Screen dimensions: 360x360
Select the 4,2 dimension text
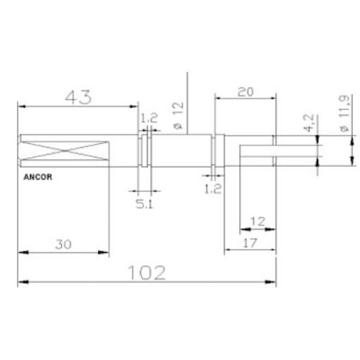[x=308, y=124]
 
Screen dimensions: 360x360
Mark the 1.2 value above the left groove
[x=149, y=119]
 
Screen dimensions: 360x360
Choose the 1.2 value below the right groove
[x=213, y=188]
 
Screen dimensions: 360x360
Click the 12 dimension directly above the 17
[x=258, y=221]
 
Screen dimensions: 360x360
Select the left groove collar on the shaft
[x=145, y=151]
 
